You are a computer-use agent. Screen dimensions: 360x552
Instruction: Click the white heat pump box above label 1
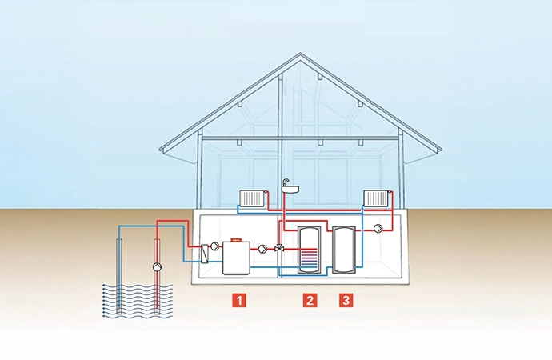point(237,257)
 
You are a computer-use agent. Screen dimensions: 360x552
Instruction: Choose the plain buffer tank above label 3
point(344,250)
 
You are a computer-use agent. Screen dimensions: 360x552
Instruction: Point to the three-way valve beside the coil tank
point(278,249)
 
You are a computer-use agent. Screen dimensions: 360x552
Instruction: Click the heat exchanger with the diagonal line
point(206,253)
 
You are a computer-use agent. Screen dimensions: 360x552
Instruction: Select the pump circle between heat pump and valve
point(262,249)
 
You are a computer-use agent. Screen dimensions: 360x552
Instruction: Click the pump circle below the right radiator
point(376,228)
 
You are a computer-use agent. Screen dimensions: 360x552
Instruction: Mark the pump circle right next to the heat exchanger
point(216,247)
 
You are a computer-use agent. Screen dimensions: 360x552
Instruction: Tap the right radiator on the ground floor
point(375,198)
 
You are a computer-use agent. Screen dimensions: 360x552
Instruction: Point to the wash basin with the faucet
point(290,189)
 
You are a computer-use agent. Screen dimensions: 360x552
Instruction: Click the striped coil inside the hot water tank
point(308,261)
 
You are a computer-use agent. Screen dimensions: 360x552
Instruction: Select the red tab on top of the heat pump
point(236,238)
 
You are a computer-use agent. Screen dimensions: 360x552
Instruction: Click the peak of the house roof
point(300,55)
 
